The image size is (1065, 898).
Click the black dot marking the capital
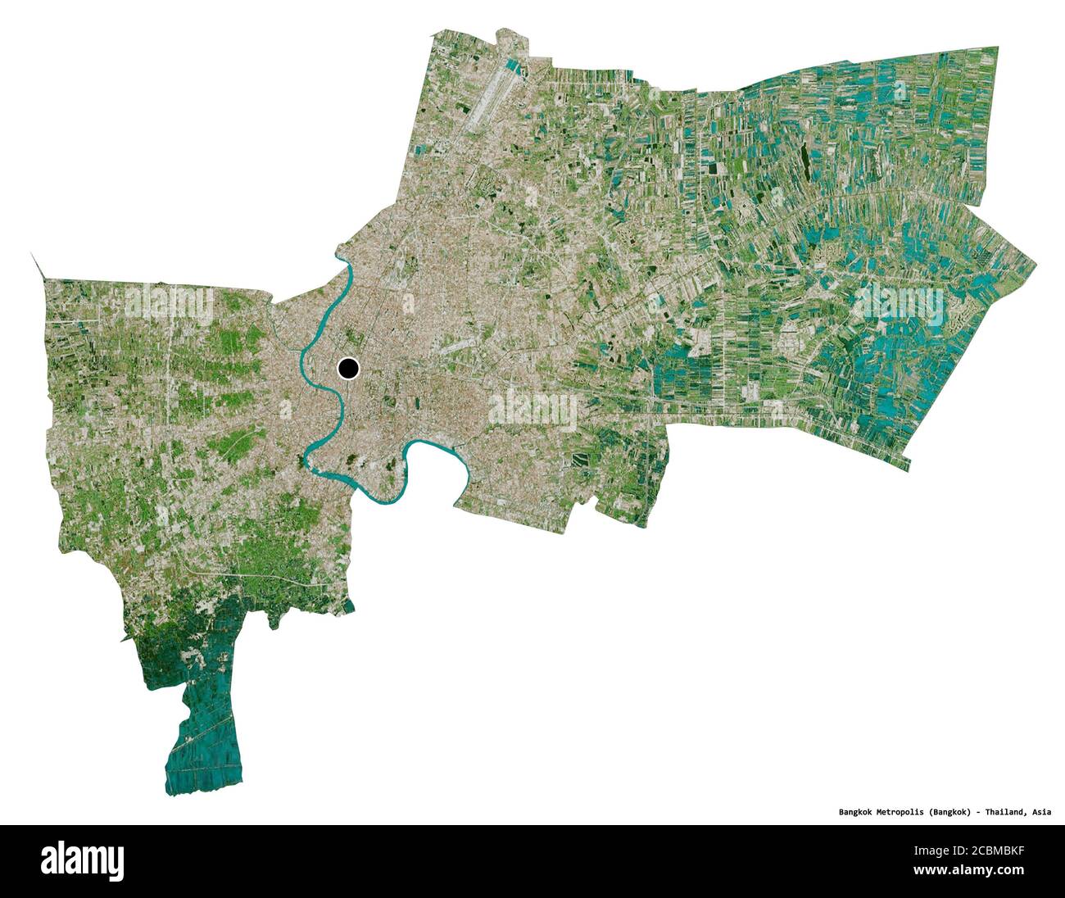348,370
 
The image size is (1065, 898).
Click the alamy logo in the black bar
82,860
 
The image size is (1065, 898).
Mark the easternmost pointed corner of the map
1035,265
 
